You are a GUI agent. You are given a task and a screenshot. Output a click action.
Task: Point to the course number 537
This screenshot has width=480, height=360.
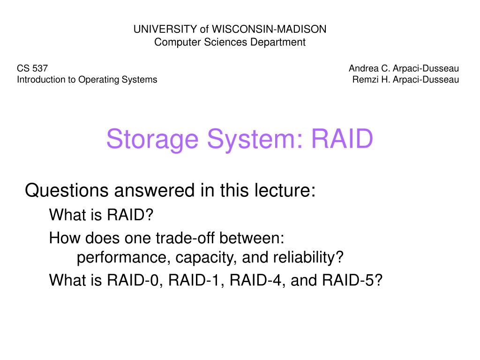coord(41,68)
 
